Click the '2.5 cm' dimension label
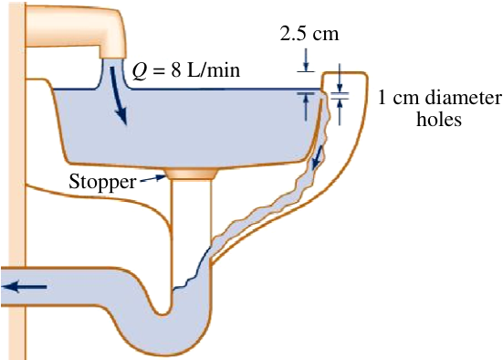(x=309, y=34)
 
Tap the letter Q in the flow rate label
(x=139, y=70)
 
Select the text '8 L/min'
(x=205, y=69)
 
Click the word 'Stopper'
(x=102, y=183)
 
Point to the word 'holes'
(x=439, y=119)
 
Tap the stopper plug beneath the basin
(x=191, y=174)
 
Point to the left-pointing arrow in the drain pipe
(x=25, y=287)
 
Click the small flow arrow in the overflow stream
(x=318, y=157)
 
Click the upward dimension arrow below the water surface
(x=306, y=107)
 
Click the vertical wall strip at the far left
(x=16, y=180)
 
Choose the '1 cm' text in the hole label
(x=398, y=97)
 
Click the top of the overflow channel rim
(x=345, y=73)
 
